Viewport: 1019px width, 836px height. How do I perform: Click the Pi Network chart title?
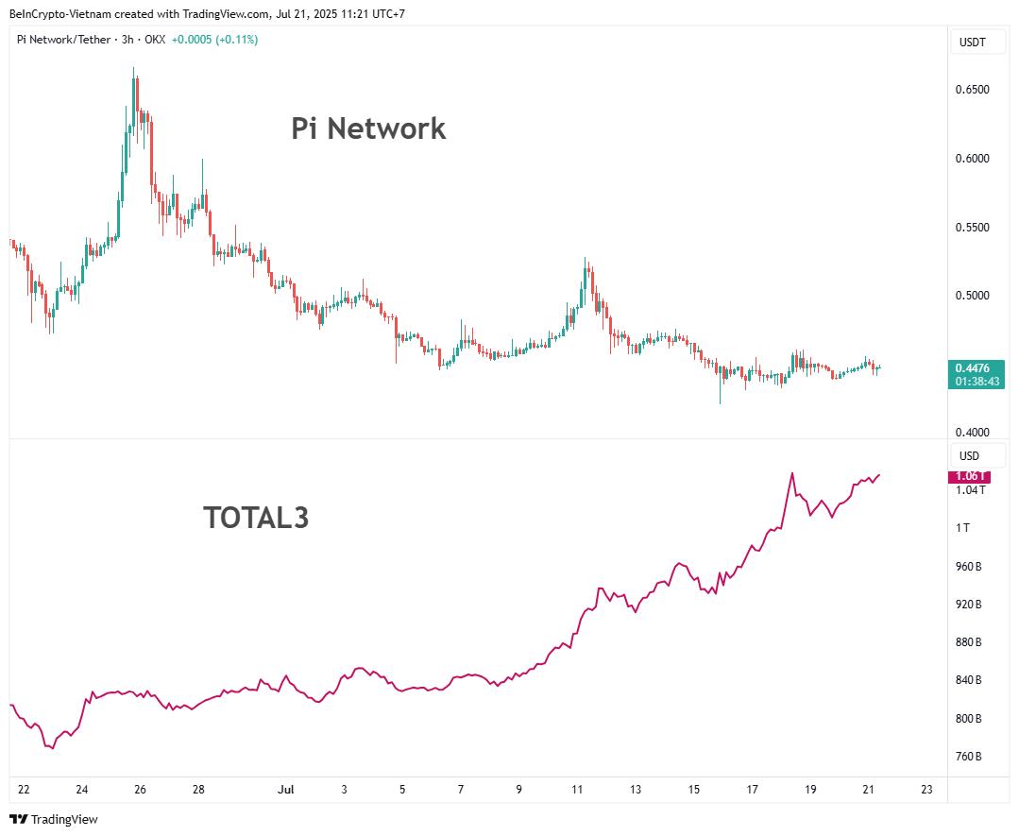368,128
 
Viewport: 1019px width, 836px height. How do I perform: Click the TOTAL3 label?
256,518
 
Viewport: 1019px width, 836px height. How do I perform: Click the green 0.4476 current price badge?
977,374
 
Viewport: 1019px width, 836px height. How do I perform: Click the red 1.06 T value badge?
968,477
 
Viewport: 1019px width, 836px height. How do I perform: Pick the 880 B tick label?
968,642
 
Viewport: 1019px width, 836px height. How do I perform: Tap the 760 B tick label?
968,757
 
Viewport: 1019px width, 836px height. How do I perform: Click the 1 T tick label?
962,528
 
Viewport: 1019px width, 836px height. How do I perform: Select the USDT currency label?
972,43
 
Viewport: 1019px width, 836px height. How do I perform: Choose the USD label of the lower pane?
969,456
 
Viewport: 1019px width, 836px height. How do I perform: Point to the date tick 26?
140,790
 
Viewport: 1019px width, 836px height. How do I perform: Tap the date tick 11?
577,790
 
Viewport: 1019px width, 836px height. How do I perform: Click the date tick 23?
926,790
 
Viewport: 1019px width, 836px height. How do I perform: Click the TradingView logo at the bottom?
54,819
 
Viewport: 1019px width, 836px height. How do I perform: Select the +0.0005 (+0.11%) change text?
214,40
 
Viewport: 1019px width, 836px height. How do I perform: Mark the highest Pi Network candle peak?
134,69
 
